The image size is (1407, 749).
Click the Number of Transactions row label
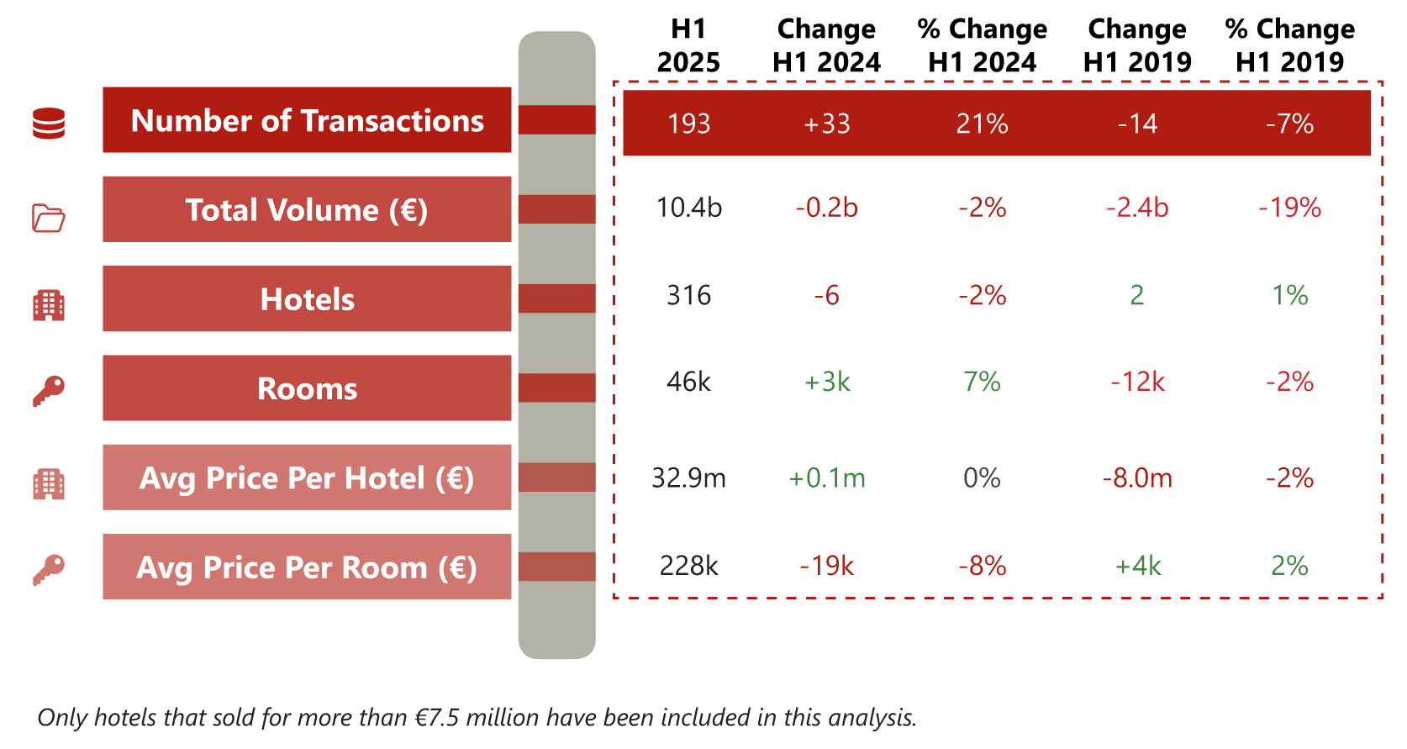point(307,120)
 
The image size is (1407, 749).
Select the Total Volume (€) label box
point(307,209)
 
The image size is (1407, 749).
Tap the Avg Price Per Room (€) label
point(307,567)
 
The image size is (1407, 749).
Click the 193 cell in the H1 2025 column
point(688,124)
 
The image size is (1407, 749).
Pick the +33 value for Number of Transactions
point(826,124)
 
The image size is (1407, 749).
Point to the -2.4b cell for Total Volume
point(1136,207)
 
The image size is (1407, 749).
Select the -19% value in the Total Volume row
point(1289,207)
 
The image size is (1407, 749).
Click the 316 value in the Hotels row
point(688,295)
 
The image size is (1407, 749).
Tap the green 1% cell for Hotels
point(1289,295)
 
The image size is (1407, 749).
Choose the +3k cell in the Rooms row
point(826,382)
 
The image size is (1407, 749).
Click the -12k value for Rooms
point(1136,382)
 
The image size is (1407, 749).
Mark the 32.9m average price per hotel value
point(688,477)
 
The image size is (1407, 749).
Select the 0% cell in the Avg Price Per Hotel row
point(982,477)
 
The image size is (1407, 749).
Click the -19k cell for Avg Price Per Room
point(826,566)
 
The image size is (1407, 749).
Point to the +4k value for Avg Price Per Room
point(1136,566)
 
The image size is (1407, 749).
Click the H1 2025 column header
point(688,45)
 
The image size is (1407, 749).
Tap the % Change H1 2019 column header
point(1289,45)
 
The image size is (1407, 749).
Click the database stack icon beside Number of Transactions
point(49,124)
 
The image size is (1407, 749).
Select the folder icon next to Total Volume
point(49,218)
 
